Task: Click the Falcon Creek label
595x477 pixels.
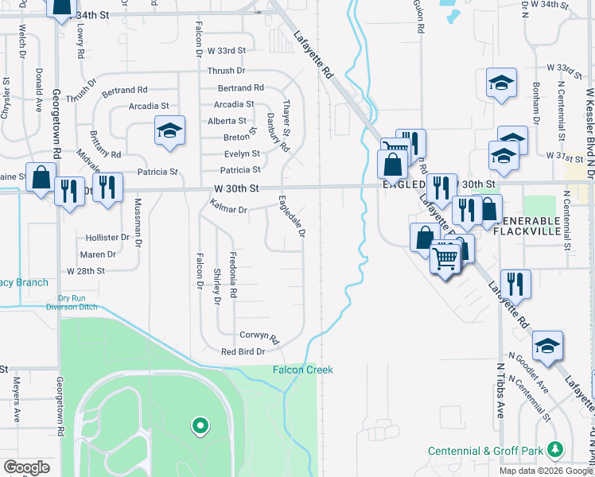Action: coord(302,370)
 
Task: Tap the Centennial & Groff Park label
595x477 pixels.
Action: coord(485,451)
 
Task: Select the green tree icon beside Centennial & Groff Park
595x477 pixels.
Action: coord(556,450)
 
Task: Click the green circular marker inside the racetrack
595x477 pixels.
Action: coord(200,426)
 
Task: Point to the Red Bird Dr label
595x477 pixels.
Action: coord(243,351)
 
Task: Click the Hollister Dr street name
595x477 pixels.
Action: coord(108,237)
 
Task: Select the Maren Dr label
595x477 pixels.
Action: coord(99,254)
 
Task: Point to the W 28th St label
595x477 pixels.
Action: coord(86,271)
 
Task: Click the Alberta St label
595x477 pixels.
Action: coord(227,121)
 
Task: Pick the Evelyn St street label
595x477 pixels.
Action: coord(242,153)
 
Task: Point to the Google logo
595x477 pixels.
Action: coord(27,467)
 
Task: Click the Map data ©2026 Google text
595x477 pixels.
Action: coord(546,471)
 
